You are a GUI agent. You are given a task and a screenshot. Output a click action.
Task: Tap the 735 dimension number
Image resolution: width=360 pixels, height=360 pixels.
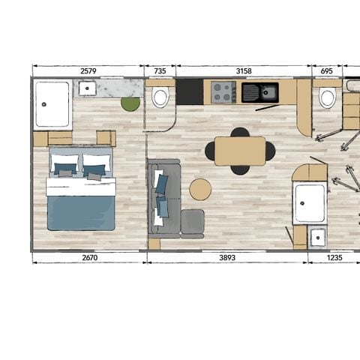[159, 71]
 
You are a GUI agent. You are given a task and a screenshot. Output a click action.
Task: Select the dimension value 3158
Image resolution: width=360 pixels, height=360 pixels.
[244, 71]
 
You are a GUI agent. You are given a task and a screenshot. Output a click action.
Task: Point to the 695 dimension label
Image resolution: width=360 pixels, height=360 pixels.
[326, 71]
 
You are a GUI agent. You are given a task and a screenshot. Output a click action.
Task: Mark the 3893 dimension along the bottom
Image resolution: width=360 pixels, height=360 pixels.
[226, 257]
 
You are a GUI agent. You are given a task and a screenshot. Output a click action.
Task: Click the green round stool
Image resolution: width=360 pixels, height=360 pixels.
[130, 103]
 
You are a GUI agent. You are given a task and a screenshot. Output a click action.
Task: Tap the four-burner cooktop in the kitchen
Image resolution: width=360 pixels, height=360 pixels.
[222, 92]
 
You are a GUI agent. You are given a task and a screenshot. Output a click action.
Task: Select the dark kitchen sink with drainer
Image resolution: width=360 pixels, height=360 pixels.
[259, 92]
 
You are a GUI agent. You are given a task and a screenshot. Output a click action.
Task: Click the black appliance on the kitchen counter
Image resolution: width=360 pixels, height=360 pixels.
[190, 92]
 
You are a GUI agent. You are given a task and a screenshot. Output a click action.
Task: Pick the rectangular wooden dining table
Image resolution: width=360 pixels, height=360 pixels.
[240, 151]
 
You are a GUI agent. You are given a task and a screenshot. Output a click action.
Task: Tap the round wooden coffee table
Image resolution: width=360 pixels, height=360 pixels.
[200, 189]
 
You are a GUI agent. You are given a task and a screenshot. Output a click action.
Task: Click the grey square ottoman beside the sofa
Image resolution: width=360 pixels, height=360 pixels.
[192, 221]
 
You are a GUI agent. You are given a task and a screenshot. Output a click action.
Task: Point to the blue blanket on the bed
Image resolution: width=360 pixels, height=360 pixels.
[81, 211]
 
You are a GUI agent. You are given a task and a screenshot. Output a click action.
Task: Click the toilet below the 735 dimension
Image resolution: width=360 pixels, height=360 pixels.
[160, 97]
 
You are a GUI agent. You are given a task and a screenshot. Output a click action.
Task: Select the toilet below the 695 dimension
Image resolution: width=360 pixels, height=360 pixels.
[327, 98]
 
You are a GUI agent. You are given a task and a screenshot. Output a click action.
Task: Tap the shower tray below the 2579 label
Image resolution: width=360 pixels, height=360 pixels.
[52, 103]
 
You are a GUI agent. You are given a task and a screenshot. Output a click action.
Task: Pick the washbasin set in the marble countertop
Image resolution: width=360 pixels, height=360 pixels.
[87, 88]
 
